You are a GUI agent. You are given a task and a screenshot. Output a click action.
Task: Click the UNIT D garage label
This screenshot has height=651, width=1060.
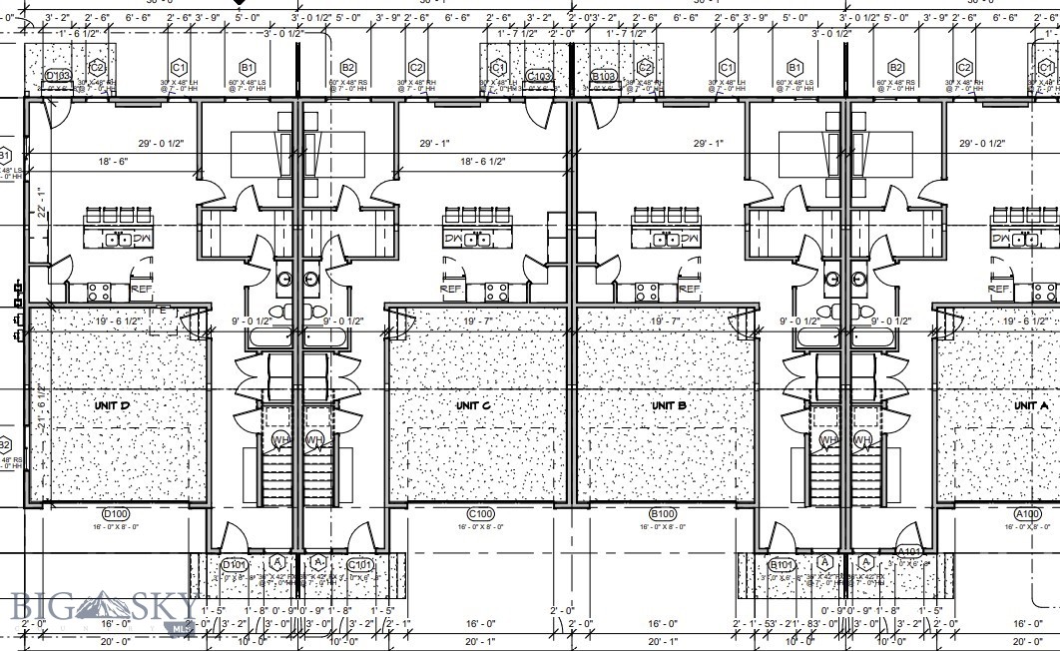[x=112, y=406]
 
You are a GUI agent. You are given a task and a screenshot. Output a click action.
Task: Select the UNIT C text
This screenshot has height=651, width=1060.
[x=472, y=406]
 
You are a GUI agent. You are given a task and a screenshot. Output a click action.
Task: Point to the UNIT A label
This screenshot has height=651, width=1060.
[x=1030, y=406]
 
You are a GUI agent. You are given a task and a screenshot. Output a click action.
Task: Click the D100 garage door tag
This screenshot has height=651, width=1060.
[x=117, y=515]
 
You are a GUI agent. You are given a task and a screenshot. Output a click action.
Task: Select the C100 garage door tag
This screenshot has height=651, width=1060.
[x=481, y=515]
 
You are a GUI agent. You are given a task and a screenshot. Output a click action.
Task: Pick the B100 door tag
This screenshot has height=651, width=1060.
[x=664, y=515]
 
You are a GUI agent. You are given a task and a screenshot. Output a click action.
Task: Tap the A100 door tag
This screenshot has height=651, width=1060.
[x=1027, y=515]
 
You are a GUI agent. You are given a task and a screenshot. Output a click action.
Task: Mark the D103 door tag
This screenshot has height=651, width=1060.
[x=58, y=76]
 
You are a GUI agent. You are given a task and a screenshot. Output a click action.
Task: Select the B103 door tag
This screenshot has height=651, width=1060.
[x=604, y=76]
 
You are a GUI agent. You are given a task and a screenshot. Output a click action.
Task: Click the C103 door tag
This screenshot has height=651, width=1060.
[x=539, y=76]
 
